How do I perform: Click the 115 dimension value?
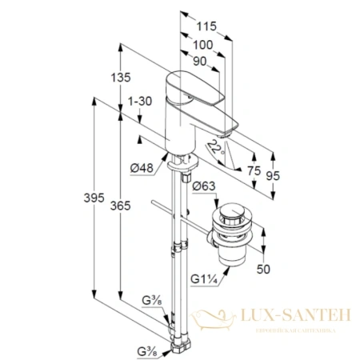pos(206,25)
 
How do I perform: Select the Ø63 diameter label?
pos(206,186)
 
